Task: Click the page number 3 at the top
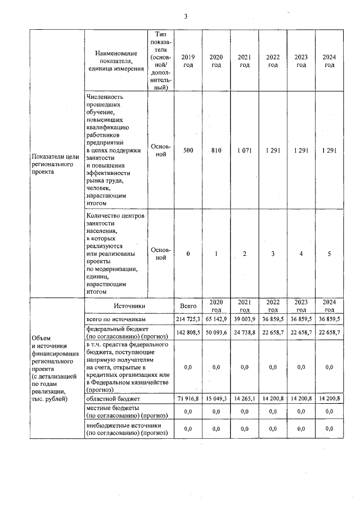tap(186, 16)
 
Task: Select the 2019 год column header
tap(188, 61)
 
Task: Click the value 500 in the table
tap(188, 151)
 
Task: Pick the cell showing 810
tap(216, 151)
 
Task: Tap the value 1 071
tap(244, 151)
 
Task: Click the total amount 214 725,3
tap(188, 319)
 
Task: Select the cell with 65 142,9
tap(216, 319)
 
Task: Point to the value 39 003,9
tap(244, 319)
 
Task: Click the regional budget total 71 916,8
tap(188, 398)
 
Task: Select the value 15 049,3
tap(216, 398)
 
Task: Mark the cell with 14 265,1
tap(244, 398)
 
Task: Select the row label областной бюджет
tap(112, 398)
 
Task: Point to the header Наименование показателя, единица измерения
tap(115, 61)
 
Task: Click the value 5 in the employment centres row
tap(329, 254)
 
